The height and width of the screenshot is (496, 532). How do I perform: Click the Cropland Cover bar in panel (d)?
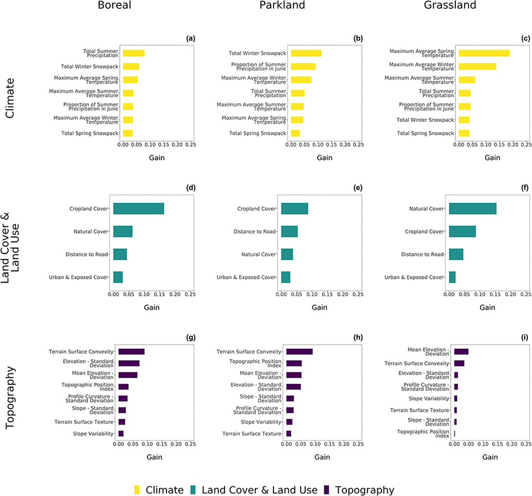click(x=139, y=209)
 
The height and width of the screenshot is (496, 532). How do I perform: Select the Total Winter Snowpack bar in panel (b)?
click(x=306, y=53)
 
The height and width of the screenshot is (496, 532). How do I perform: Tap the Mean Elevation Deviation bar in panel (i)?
click(x=461, y=352)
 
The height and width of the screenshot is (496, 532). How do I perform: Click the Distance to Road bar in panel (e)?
click(x=289, y=231)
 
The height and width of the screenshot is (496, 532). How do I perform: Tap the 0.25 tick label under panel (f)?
click(x=525, y=295)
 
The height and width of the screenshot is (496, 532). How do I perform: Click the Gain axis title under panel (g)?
click(x=155, y=457)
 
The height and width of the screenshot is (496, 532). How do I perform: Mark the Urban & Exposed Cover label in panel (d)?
click(x=87, y=277)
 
